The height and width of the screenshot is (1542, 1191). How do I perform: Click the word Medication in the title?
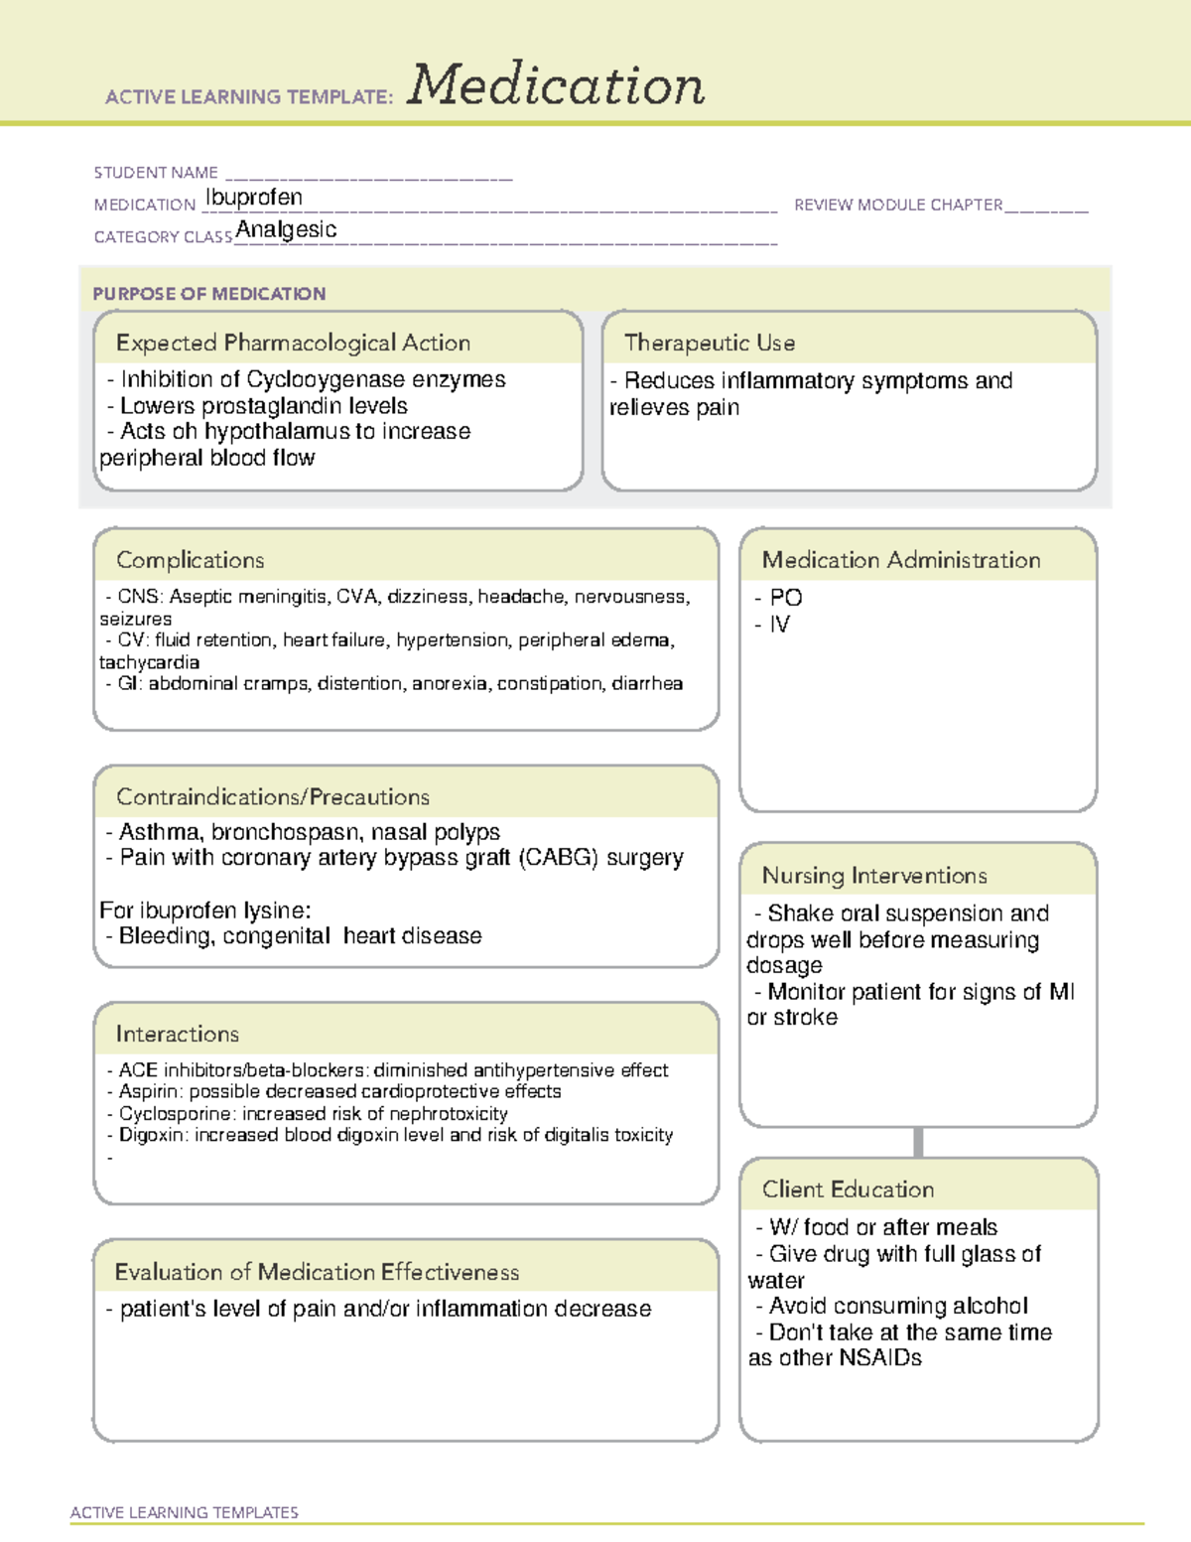click(x=556, y=85)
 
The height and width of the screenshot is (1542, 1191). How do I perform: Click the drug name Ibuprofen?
click(x=254, y=198)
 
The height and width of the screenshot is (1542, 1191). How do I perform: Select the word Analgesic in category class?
click(x=286, y=229)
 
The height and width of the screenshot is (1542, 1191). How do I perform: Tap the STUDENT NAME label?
click(x=156, y=173)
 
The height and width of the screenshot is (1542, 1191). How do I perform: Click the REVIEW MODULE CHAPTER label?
click(x=898, y=205)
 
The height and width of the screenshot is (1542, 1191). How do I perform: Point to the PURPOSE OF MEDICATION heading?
click(x=209, y=294)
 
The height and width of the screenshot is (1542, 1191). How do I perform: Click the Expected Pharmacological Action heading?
click(x=293, y=344)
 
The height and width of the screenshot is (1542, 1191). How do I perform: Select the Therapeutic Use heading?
click(x=710, y=344)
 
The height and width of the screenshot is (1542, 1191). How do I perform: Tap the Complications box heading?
click(x=191, y=560)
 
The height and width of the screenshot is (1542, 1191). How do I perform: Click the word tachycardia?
click(x=149, y=662)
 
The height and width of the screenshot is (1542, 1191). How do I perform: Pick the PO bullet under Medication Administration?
click(x=785, y=598)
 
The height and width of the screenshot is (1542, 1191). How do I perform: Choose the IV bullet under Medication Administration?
click(x=779, y=625)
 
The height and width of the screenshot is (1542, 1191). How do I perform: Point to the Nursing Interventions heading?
click(x=874, y=876)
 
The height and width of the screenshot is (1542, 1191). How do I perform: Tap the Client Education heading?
click(x=848, y=1190)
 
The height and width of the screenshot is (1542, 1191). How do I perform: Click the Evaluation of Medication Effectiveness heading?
click(x=317, y=1272)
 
